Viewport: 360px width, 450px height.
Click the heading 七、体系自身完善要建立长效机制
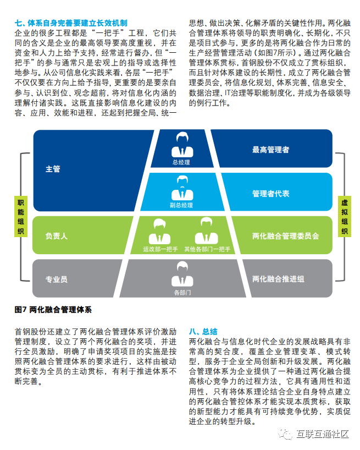coord(71,23)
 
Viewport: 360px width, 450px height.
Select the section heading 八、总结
coord(203,332)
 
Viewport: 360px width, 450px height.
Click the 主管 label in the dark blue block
coord(53,169)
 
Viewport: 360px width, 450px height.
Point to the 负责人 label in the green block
coord(56,236)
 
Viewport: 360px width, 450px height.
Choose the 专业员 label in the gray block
coord(56,279)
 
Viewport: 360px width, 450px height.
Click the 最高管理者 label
coord(270,150)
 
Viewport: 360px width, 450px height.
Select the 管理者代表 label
coord(270,194)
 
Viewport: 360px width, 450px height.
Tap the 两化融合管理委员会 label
coord(285,236)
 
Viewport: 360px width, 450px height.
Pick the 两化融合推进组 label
coord(278,279)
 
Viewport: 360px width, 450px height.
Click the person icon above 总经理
coord(182,145)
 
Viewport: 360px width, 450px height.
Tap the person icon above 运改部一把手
coord(160,230)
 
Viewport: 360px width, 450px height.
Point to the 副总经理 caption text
coord(182,205)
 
